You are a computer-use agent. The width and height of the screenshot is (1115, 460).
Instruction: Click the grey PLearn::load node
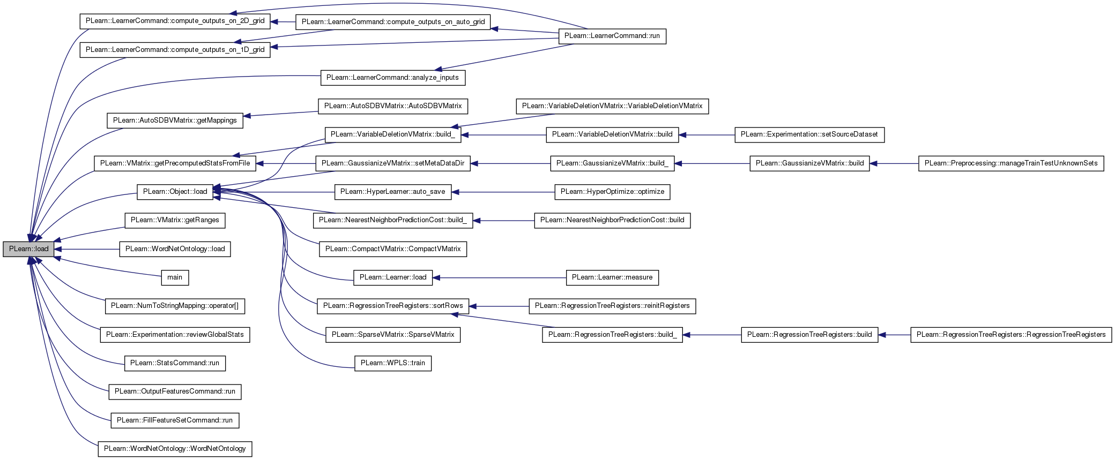coord(28,249)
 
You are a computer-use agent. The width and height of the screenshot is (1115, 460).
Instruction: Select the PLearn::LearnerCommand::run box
coord(612,36)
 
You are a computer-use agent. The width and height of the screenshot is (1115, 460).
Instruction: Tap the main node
coord(175,277)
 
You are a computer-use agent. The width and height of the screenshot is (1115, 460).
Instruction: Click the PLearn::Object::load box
coord(175,192)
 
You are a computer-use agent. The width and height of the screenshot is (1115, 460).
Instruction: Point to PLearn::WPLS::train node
coord(393,363)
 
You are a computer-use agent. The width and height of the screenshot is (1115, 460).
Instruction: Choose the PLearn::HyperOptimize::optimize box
coord(612,192)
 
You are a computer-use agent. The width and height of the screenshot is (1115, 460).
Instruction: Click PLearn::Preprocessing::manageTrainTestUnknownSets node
coord(1011,163)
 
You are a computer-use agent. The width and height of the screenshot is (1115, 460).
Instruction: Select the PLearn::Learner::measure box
coord(612,277)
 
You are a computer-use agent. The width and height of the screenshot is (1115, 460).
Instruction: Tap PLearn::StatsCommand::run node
coord(175,363)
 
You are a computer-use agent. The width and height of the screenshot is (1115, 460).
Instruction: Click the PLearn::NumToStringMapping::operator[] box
coord(175,306)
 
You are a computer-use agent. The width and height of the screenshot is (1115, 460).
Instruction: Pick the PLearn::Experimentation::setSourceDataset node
coord(809,134)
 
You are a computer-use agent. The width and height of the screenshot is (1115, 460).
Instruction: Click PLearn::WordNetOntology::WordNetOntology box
coord(175,449)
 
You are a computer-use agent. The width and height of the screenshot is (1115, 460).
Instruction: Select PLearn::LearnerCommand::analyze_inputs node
coord(393,78)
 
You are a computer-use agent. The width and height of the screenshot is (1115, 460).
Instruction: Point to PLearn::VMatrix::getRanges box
coord(175,220)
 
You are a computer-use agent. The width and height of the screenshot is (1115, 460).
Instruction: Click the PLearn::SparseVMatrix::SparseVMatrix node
coord(393,335)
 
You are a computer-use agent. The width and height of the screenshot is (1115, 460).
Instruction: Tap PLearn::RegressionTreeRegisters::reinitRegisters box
coord(612,306)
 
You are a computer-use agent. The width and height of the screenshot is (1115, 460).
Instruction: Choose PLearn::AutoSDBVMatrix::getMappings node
coord(175,120)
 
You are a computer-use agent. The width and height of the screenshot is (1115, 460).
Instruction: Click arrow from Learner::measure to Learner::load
coord(499,277)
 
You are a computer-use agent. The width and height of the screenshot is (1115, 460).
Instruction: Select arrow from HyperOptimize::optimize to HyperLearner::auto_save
coord(503,192)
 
